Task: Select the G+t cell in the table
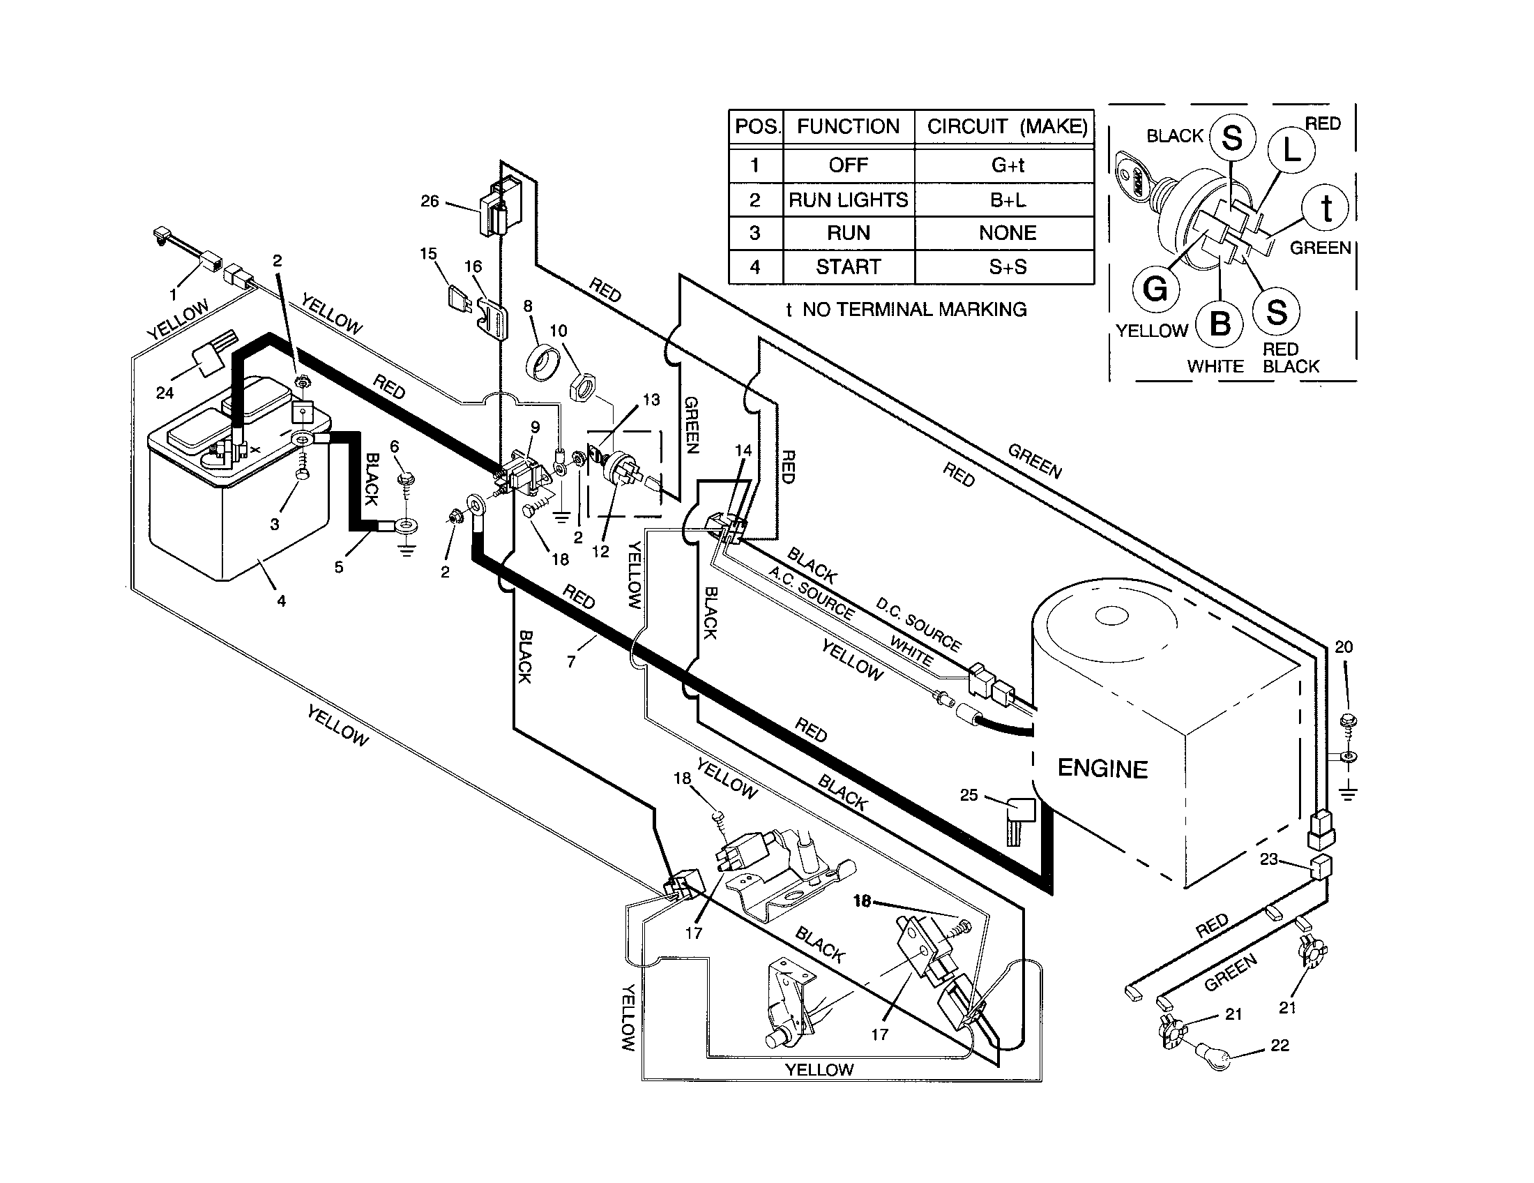click(x=1008, y=165)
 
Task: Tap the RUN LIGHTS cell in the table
click(x=848, y=200)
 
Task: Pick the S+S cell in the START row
click(x=1008, y=267)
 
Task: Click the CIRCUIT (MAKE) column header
click(x=1006, y=126)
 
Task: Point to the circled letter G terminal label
click(x=1155, y=289)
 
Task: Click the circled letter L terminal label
click(x=1291, y=151)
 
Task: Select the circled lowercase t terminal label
click(x=1326, y=209)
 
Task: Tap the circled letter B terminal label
click(x=1220, y=324)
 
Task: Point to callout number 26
click(x=429, y=201)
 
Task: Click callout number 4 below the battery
click(x=281, y=601)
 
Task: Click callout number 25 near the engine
click(x=969, y=794)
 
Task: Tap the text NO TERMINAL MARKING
click(x=914, y=309)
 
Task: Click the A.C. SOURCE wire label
click(x=811, y=594)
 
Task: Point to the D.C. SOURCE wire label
click(x=918, y=624)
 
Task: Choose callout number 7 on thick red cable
click(x=571, y=661)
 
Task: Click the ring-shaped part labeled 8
click(x=541, y=363)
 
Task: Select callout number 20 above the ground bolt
click(x=1343, y=647)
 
